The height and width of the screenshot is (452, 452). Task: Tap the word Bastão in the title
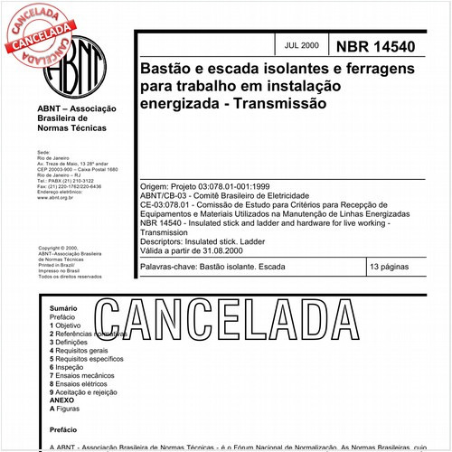point(170,68)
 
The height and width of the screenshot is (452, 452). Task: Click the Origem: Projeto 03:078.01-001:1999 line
point(212,184)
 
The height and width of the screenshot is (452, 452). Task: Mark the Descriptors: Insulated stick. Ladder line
point(207,241)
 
